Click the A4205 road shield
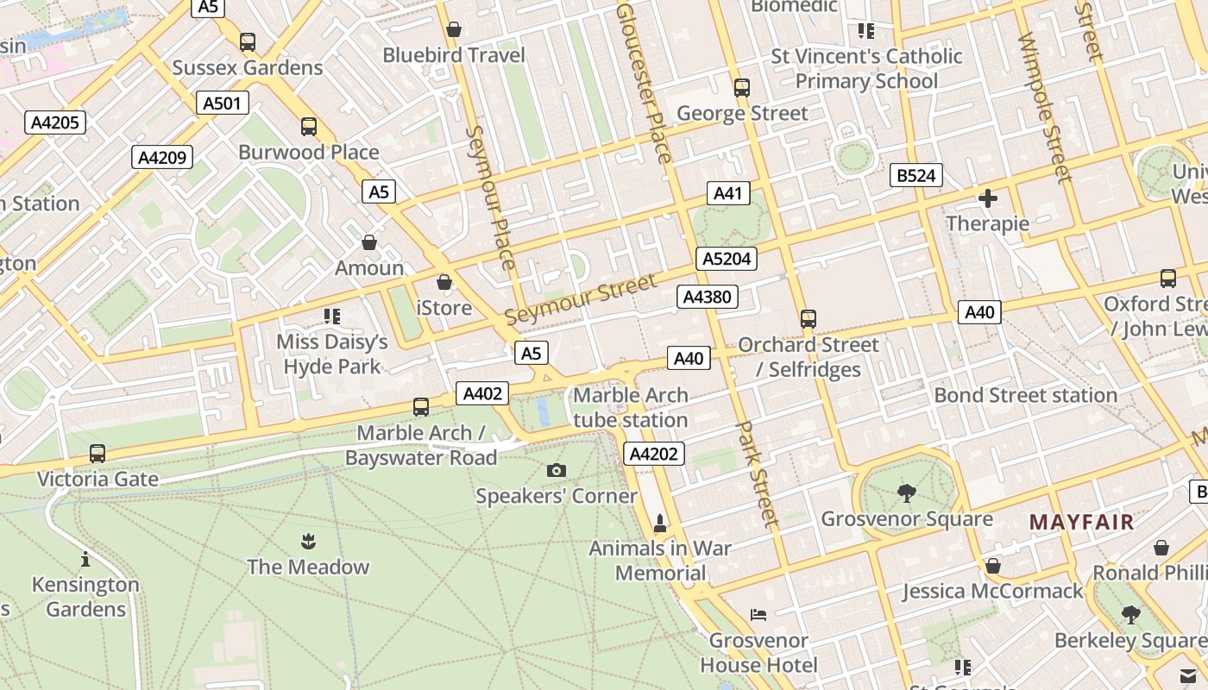pyautogui.click(x=55, y=122)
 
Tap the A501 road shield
pyautogui.click(x=223, y=103)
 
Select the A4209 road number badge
pyautogui.click(x=162, y=157)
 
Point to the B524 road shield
pyautogui.click(x=916, y=176)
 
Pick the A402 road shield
pyautogui.click(x=482, y=393)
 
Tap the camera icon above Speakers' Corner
pyautogui.click(x=557, y=470)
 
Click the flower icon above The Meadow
pyautogui.click(x=308, y=541)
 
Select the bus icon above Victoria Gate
pyautogui.click(x=98, y=453)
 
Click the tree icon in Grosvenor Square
pyautogui.click(x=906, y=493)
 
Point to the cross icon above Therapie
pyautogui.click(x=988, y=199)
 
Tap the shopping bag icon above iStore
pyautogui.click(x=444, y=282)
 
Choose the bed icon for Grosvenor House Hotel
pyautogui.click(x=758, y=615)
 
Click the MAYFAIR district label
pyautogui.click(x=1081, y=522)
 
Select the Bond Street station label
pyautogui.click(x=1026, y=395)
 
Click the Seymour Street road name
pyautogui.click(x=580, y=299)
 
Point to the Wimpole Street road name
pyautogui.click(x=1044, y=108)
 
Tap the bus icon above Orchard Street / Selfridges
pyautogui.click(x=808, y=319)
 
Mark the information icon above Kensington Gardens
pyautogui.click(x=85, y=559)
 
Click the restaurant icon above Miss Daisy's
pyautogui.click(x=332, y=317)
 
